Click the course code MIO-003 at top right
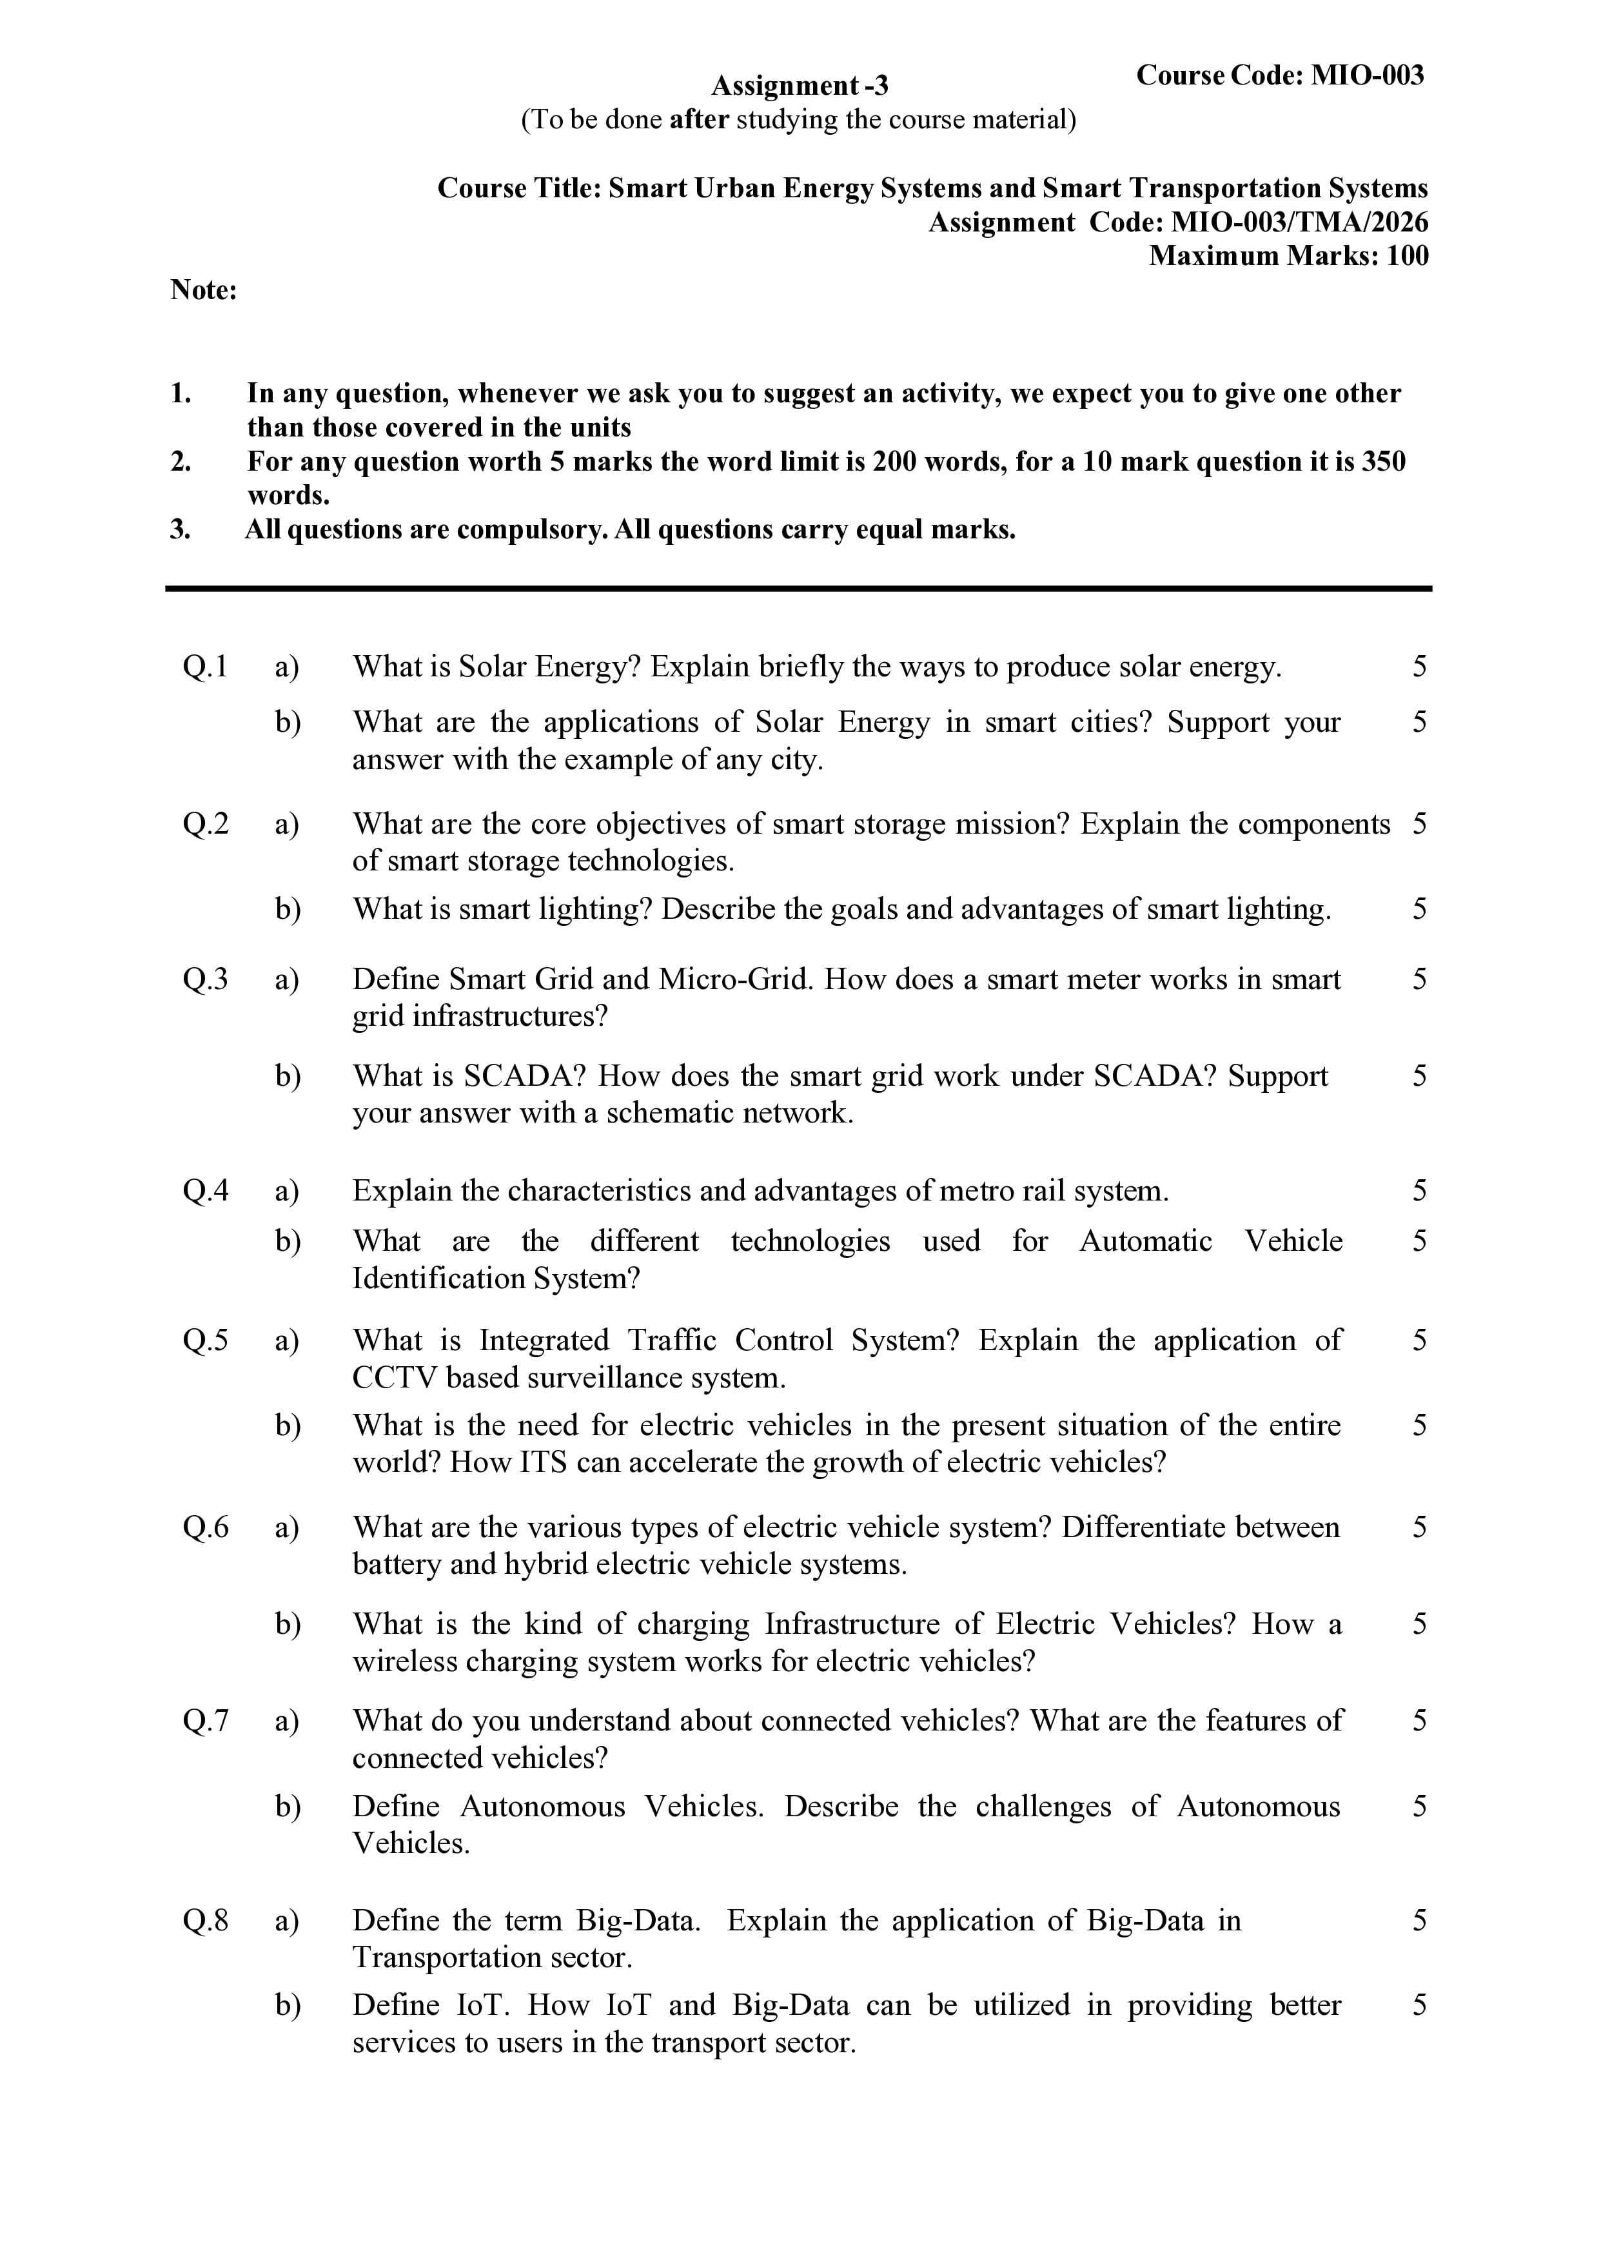[1367, 76]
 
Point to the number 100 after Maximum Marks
[1407, 257]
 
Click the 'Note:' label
[203, 290]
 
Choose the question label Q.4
[205, 1191]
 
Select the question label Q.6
[205, 1528]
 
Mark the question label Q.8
[205, 1921]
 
